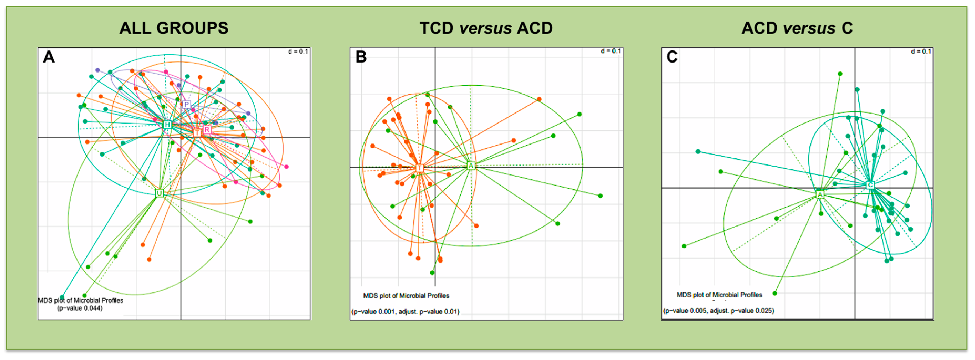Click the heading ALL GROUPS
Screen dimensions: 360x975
click(174, 28)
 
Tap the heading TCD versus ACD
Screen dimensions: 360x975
click(486, 28)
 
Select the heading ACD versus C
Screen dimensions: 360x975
click(797, 28)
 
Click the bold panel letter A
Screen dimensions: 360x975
click(49, 57)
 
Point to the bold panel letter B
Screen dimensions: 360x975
click(361, 57)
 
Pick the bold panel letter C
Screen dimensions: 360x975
click(672, 57)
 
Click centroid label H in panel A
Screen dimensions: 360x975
click(167, 125)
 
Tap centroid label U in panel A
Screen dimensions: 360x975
click(159, 193)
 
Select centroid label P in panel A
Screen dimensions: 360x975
click(186, 105)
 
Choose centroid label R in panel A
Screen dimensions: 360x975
click(207, 130)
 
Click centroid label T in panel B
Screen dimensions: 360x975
click(419, 168)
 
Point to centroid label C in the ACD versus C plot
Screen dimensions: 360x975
click(870, 185)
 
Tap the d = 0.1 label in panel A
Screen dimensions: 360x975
click(298, 52)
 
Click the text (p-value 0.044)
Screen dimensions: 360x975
click(80, 308)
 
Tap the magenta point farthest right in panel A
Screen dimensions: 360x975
click(286, 167)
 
